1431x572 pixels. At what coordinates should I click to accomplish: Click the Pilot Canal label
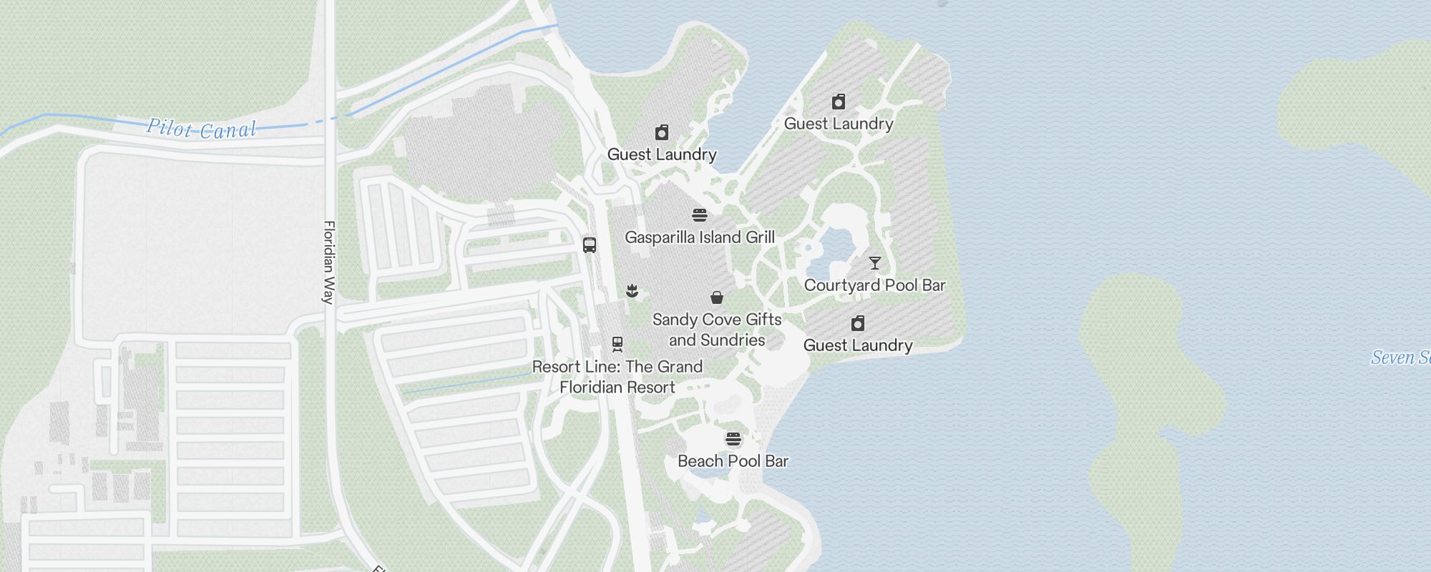click(201, 129)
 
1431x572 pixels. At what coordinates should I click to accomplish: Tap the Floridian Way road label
click(329, 262)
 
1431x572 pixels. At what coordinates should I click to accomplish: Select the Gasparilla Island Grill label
click(699, 237)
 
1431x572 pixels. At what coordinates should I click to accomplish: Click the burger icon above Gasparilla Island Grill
click(700, 214)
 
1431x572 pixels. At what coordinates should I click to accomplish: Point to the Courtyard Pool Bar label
click(874, 285)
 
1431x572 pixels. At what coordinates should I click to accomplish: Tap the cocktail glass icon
click(874, 263)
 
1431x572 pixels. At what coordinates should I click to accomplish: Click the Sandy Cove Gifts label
click(717, 320)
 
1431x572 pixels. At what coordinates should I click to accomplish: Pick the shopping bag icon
click(717, 297)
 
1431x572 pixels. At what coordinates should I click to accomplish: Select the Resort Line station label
click(617, 377)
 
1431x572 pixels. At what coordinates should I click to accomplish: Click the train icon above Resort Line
click(617, 345)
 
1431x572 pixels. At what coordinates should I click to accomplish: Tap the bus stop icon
click(590, 245)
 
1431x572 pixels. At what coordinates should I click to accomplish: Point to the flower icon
click(632, 290)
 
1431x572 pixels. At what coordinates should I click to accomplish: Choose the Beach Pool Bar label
click(733, 461)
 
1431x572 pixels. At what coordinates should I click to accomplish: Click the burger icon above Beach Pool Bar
click(733, 438)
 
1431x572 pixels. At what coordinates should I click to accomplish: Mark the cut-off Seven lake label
click(1400, 357)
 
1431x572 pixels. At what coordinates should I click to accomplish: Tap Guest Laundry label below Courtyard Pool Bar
click(858, 345)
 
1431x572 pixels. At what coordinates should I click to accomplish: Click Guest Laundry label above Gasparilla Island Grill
click(662, 154)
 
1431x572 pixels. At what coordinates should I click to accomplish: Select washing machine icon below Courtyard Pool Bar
click(858, 323)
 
